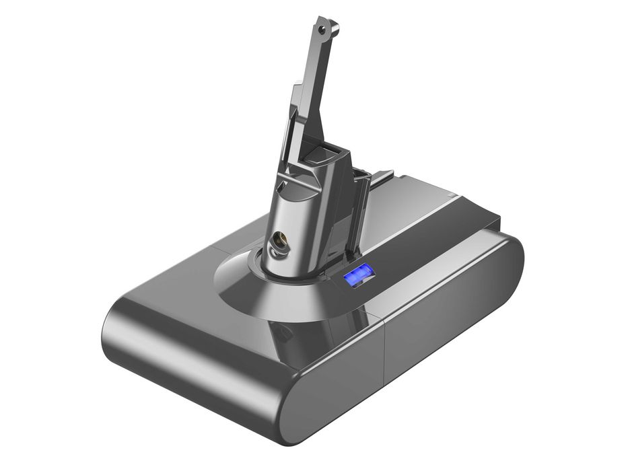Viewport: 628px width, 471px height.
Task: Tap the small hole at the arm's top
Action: pos(324,30)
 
